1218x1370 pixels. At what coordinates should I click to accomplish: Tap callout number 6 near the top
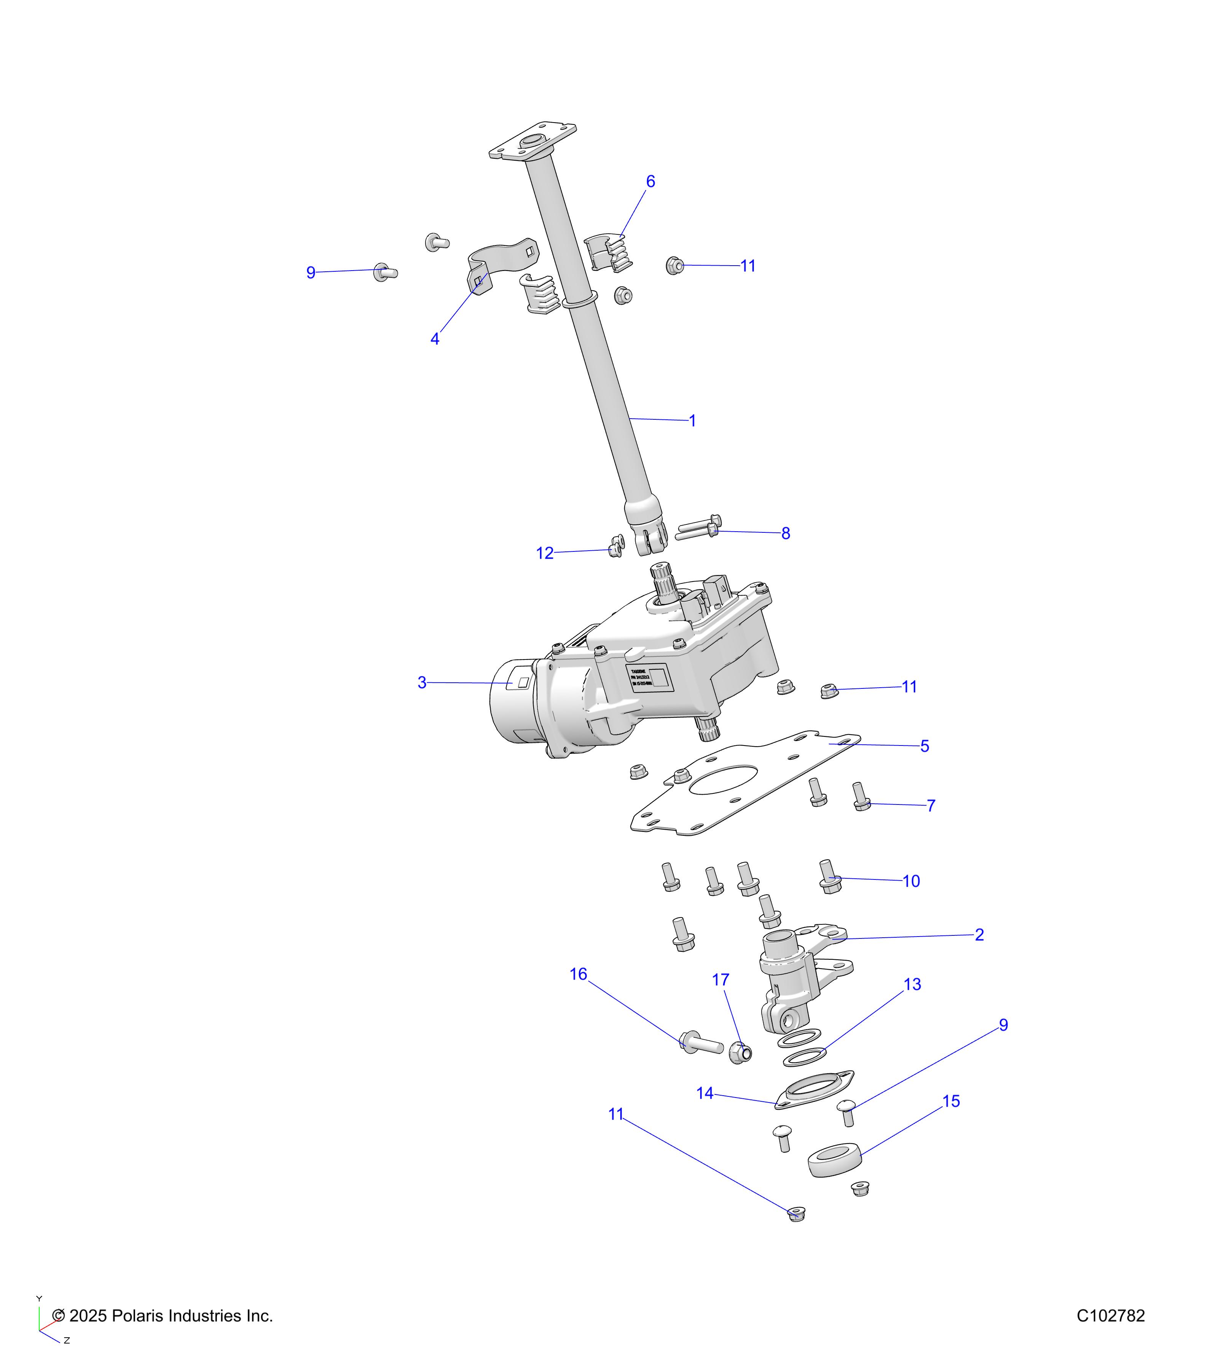click(x=650, y=182)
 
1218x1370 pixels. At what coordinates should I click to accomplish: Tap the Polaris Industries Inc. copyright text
click(x=163, y=1316)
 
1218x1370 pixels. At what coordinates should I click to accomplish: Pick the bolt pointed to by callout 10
click(x=830, y=877)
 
